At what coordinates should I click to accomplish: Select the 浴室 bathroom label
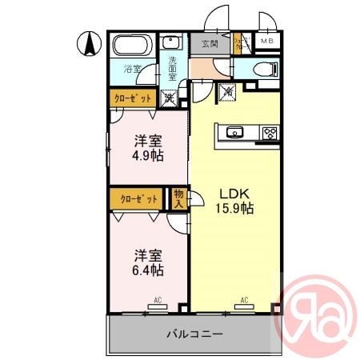click(x=132, y=70)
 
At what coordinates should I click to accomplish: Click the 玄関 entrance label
click(x=210, y=43)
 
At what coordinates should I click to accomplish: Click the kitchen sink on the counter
click(x=236, y=133)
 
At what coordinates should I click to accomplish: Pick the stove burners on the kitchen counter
click(x=269, y=133)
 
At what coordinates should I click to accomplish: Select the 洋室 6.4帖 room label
click(x=148, y=262)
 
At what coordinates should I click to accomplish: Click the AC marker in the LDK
click(x=243, y=301)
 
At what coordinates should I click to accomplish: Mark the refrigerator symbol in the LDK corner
click(x=228, y=92)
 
